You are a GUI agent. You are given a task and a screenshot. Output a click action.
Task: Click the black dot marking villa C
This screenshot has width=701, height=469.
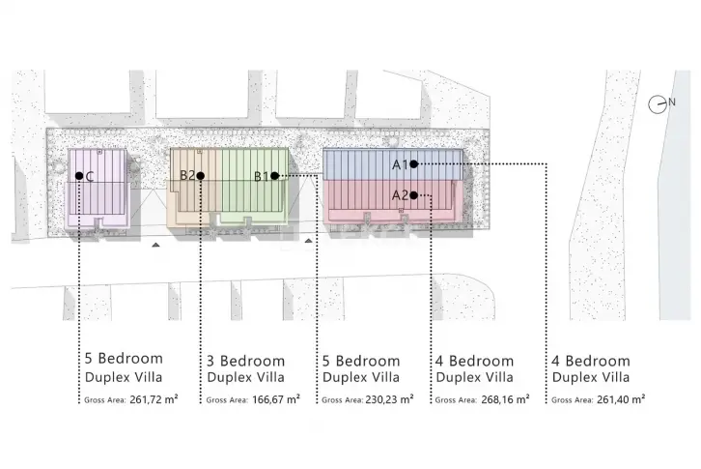pyautogui.click(x=79, y=176)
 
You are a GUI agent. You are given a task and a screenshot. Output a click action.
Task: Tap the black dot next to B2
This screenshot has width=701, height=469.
pyautogui.click(x=200, y=176)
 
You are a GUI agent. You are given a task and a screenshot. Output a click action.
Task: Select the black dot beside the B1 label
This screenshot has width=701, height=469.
pyautogui.click(x=274, y=176)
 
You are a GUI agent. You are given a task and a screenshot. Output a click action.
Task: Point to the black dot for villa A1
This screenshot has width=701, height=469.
pyautogui.click(x=413, y=164)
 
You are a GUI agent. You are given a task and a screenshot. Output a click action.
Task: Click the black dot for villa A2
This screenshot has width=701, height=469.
pyautogui.click(x=413, y=195)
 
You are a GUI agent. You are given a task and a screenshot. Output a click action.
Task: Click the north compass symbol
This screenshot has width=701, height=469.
pyautogui.click(x=658, y=104)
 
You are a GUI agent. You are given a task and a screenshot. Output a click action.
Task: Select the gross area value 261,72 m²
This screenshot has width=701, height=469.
pyautogui.click(x=154, y=399)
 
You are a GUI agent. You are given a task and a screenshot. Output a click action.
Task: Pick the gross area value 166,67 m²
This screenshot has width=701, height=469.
pyautogui.click(x=276, y=399)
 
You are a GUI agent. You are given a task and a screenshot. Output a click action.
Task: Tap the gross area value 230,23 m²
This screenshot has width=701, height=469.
pyautogui.click(x=389, y=399)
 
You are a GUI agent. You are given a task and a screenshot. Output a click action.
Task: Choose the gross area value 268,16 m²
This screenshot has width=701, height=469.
pyautogui.click(x=505, y=399)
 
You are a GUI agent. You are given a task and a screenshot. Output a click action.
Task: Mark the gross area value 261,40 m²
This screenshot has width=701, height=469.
pyautogui.click(x=621, y=399)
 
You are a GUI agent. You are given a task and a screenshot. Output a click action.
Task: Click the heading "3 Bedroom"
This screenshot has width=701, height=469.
pyautogui.click(x=245, y=361)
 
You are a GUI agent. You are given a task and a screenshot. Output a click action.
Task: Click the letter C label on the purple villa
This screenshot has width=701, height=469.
pyautogui.click(x=90, y=177)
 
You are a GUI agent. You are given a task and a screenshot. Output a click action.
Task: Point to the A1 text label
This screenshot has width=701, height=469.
pyautogui.click(x=400, y=164)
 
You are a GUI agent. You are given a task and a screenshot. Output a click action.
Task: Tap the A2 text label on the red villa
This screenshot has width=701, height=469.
pyautogui.click(x=400, y=195)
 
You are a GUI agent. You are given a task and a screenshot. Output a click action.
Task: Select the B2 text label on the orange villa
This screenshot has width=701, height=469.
pyautogui.click(x=187, y=175)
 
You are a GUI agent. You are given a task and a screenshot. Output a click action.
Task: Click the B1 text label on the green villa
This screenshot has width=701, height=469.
pyautogui.click(x=262, y=177)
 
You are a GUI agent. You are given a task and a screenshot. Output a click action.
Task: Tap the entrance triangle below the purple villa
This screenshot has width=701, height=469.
pyautogui.click(x=155, y=245)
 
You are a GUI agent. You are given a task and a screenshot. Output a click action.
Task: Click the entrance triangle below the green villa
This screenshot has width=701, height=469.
pyautogui.click(x=308, y=241)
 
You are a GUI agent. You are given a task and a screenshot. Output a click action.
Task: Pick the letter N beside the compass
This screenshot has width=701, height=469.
pyautogui.click(x=671, y=103)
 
